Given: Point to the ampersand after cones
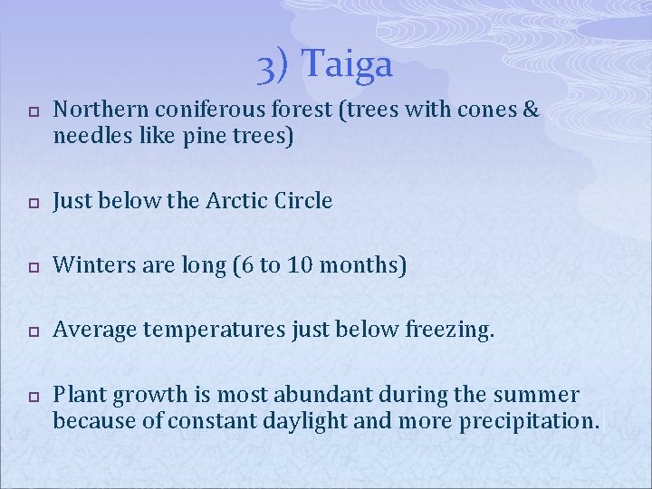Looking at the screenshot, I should (x=530, y=110).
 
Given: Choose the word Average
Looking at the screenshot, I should (x=92, y=331).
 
